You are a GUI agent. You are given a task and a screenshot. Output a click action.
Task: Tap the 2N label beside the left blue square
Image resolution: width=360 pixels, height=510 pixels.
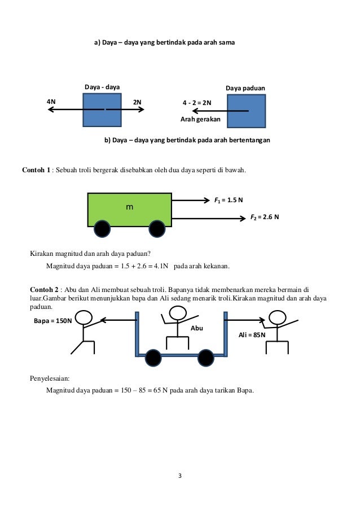[137, 102]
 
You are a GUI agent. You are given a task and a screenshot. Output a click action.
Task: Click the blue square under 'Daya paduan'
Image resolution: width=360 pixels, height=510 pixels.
[246, 111]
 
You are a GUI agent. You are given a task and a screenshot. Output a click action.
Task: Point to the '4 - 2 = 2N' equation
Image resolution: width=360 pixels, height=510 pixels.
[197, 103]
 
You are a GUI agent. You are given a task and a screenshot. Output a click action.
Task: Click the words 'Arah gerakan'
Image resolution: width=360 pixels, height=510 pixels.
[200, 120]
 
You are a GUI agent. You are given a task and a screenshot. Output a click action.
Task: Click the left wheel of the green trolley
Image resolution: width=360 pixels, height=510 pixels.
[102, 229]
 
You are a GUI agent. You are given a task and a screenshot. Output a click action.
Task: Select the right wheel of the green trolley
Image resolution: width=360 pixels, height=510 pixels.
[156, 229]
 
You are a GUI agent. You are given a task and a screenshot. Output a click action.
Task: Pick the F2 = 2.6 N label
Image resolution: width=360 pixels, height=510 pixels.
[265, 216]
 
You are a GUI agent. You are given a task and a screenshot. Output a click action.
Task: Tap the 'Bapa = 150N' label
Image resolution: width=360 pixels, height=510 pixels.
[54, 321]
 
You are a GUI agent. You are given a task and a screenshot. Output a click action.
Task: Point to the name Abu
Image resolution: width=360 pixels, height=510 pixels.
[197, 327]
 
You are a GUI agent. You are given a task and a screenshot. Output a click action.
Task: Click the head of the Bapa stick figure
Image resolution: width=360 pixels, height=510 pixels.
[84, 317]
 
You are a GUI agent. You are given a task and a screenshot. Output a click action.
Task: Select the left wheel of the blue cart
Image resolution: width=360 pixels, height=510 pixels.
[153, 358]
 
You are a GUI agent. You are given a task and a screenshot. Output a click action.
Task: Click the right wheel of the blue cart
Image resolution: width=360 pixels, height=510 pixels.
[205, 358]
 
